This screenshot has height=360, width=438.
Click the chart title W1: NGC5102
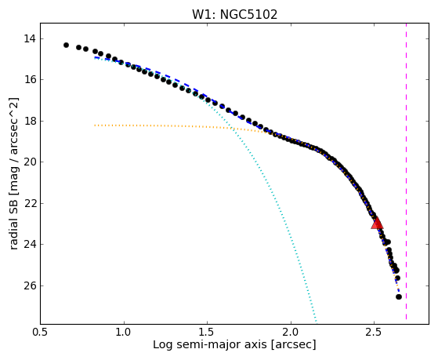click(x=234, y=15)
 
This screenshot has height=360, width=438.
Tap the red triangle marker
click(x=377, y=223)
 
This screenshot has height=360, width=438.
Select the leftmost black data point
click(x=66, y=45)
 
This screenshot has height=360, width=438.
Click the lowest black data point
click(x=399, y=296)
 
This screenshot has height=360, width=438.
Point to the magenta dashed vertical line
click(x=406, y=172)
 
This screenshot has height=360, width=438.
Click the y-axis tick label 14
click(x=30, y=38)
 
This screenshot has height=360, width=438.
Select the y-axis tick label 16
click(x=30, y=80)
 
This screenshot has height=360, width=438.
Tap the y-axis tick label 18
click(x=30, y=121)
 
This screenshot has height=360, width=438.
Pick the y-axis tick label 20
click(x=30, y=162)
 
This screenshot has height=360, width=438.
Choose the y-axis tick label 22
click(x=30, y=203)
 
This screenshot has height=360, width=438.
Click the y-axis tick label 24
click(x=30, y=245)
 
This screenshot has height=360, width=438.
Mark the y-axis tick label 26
click(x=30, y=285)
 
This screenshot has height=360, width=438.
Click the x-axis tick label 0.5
click(x=40, y=332)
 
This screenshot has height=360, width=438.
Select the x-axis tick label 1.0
click(x=124, y=332)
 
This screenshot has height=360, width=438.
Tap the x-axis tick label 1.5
click(x=207, y=332)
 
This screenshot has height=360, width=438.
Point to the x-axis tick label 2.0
click(x=291, y=332)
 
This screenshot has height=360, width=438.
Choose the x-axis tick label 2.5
click(x=374, y=332)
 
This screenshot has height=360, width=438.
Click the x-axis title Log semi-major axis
click(x=210, y=345)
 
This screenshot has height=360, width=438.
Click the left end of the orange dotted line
click(x=95, y=125)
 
